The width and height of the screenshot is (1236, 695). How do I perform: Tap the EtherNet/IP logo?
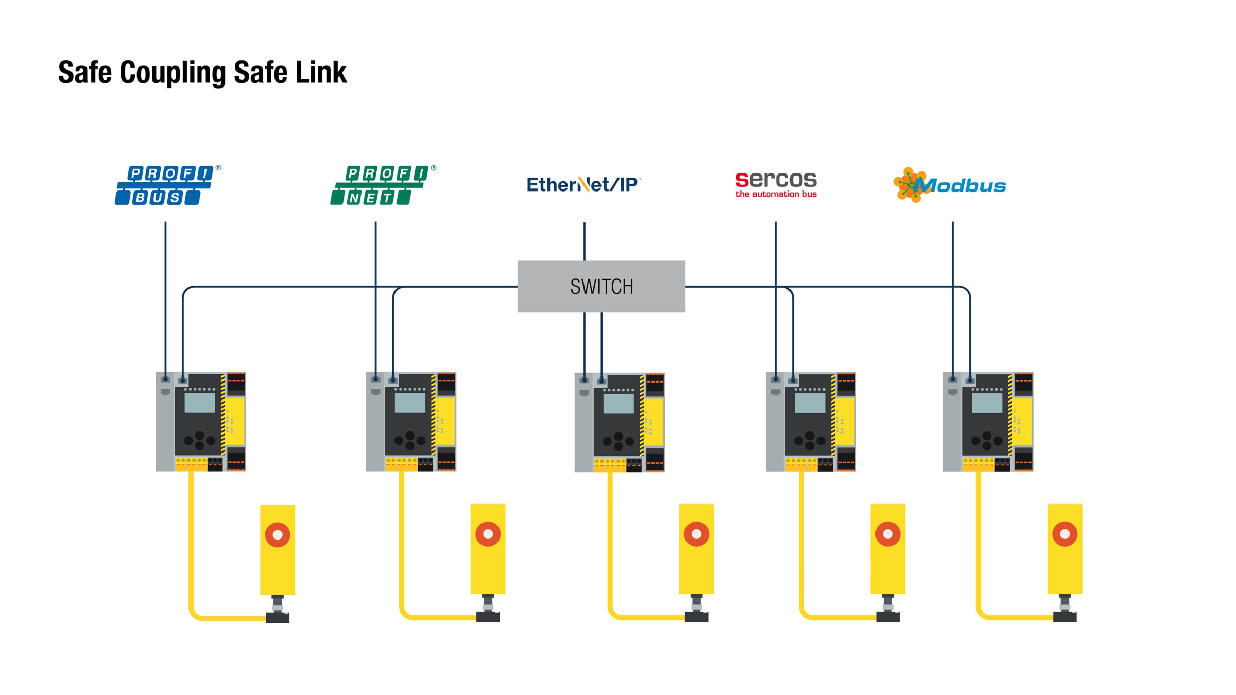(x=583, y=184)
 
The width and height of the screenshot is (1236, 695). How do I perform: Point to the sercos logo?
(x=776, y=184)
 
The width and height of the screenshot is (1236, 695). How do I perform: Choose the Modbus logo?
(x=950, y=185)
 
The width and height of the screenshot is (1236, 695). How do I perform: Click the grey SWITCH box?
(x=601, y=286)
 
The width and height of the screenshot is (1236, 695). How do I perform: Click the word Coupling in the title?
(x=173, y=73)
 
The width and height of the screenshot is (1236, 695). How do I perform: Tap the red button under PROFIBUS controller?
(x=278, y=535)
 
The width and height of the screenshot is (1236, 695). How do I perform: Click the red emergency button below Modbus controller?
(x=1065, y=534)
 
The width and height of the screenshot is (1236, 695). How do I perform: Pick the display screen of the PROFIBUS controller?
(x=200, y=403)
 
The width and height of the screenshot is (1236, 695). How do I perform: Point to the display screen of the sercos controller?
(x=810, y=403)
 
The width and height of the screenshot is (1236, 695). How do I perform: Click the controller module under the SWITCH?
(x=620, y=422)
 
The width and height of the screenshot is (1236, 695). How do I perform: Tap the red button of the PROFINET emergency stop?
(x=488, y=534)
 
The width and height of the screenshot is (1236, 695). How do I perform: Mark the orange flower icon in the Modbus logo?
(x=909, y=184)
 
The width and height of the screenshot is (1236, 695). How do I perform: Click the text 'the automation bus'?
(x=776, y=194)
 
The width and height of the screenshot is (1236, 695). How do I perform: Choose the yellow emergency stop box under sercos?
(x=887, y=549)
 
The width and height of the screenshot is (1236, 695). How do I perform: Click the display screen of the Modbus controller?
(x=987, y=403)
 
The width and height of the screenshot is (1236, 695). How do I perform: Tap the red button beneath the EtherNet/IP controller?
(x=696, y=534)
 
